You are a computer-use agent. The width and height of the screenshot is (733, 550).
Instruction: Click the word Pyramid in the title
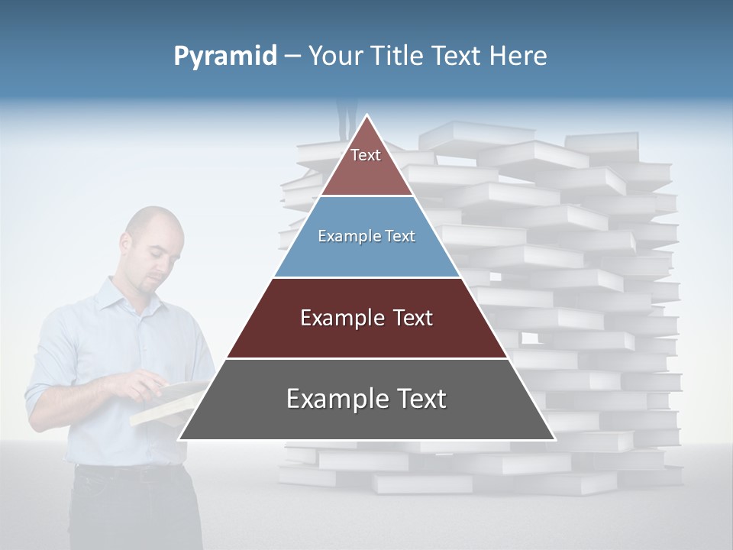[224, 57]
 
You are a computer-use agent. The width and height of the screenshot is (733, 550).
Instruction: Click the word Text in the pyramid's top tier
[366, 155]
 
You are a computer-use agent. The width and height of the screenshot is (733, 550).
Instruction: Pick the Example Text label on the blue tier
[366, 236]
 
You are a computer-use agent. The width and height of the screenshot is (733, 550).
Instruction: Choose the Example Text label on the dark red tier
[366, 318]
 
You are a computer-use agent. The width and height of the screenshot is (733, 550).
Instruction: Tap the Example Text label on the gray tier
[366, 399]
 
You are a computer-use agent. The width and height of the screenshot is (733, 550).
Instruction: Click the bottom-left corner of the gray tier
[180, 438]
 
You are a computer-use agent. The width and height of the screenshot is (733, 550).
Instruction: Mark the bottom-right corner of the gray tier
[554, 438]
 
